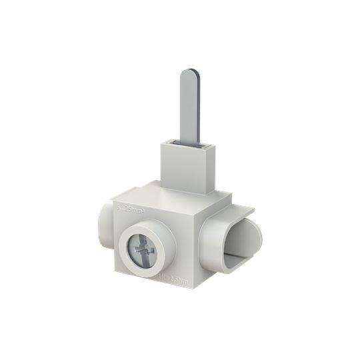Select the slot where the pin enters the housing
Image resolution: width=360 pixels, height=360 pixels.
[x=186, y=142]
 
